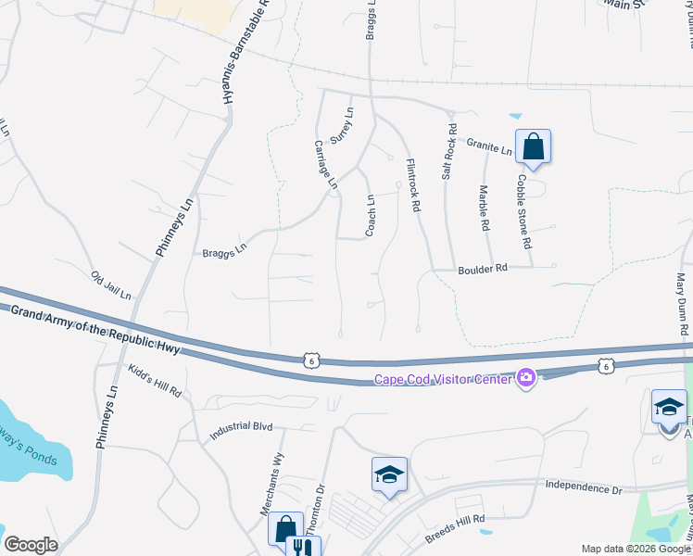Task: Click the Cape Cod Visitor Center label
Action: coord(444,378)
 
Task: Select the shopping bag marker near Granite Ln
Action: coord(533,146)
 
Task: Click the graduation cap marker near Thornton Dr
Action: coord(390,475)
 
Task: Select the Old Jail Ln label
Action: coord(111,284)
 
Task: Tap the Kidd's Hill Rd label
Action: coord(155,381)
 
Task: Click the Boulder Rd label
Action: coord(484,269)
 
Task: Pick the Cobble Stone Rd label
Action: coord(525,211)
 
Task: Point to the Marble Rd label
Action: coord(484,208)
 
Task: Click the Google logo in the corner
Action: coord(31,545)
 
